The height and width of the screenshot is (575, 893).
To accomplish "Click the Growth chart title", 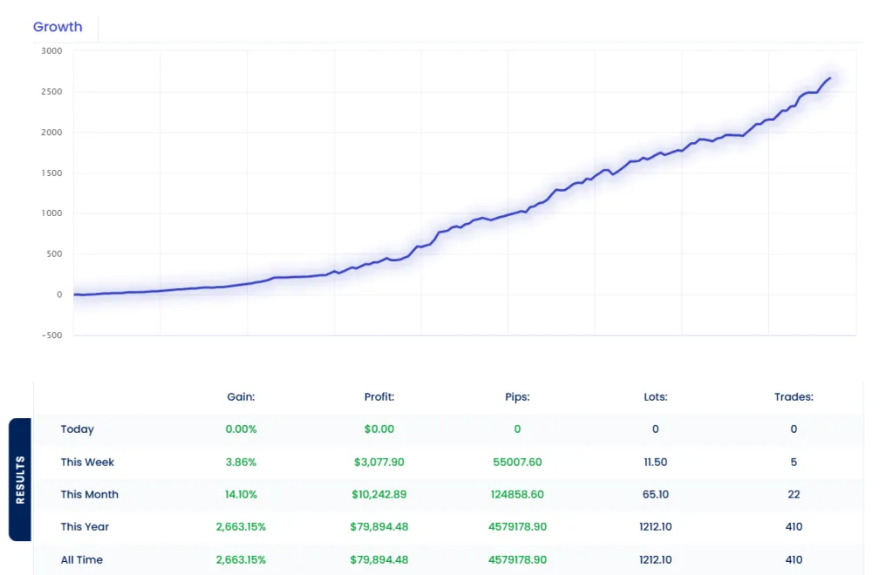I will click(x=58, y=27).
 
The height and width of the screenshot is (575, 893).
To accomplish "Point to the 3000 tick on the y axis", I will click(x=51, y=51).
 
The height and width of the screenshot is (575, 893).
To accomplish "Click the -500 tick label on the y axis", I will click(x=51, y=335).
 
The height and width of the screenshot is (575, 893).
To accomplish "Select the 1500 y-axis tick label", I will click(x=51, y=173).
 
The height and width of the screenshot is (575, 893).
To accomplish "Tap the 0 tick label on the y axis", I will click(x=58, y=295).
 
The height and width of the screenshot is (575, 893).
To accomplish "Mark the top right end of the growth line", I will click(x=829, y=78).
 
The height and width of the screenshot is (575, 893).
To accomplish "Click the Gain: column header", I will click(x=241, y=397).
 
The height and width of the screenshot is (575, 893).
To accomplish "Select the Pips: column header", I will click(x=517, y=397).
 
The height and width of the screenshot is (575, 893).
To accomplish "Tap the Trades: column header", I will click(x=794, y=397).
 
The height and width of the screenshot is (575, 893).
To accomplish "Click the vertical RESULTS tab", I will click(x=21, y=479).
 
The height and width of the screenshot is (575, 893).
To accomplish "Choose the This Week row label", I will click(x=87, y=463).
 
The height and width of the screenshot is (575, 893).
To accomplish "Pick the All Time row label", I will click(x=82, y=560).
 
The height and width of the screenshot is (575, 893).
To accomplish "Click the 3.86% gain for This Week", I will click(x=241, y=463).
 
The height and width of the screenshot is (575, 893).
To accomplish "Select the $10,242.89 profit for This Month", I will click(x=379, y=495).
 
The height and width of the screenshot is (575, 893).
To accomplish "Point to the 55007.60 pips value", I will click(x=517, y=463).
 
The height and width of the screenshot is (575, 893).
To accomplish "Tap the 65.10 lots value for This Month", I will click(x=655, y=495).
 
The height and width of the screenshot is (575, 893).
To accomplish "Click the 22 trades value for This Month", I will click(x=794, y=495).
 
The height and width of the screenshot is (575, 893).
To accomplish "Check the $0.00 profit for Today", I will click(x=379, y=430).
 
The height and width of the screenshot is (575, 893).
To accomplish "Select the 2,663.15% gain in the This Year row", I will click(x=241, y=527).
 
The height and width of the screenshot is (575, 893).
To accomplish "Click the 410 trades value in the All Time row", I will click(x=794, y=560).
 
